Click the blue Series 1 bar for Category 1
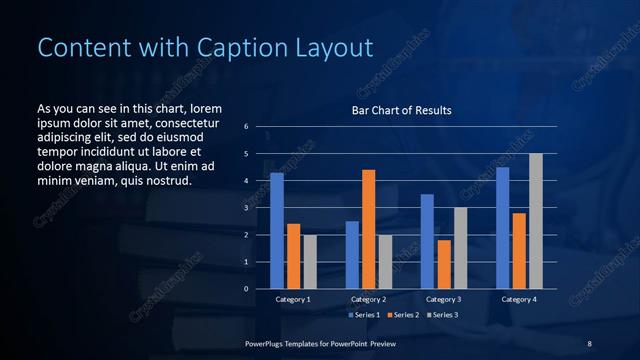click(277, 231)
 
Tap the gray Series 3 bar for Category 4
click(535, 221)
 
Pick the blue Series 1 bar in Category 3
click(427, 241)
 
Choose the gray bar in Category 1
click(309, 262)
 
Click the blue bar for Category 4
click(503, 228)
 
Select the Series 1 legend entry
click(363, 315)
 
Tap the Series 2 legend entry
click(402, 315)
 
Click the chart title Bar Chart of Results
click(401, 110)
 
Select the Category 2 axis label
click(368, 299)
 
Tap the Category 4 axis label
click(518, 299)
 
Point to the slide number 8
click(589, 343)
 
